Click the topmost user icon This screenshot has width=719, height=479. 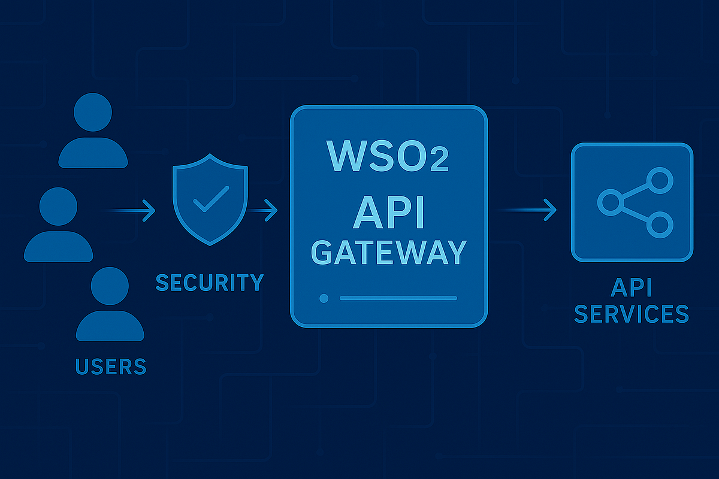tap(92, 132)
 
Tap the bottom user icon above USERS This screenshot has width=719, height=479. tap(110, 305)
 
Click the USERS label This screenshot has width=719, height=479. tap(111, 365)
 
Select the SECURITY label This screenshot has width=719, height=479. tap(209, 282)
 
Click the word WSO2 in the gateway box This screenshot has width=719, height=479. tap(388, 157)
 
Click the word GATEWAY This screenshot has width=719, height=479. tap(388, 253)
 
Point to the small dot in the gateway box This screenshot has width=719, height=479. tap(324, 298)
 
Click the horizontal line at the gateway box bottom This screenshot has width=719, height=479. tap(398, 298)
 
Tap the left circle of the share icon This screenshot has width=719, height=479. tap(609, 202)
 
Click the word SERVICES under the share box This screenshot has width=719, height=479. tap(631, 313)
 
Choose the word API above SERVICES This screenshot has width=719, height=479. tap(631, 289)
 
